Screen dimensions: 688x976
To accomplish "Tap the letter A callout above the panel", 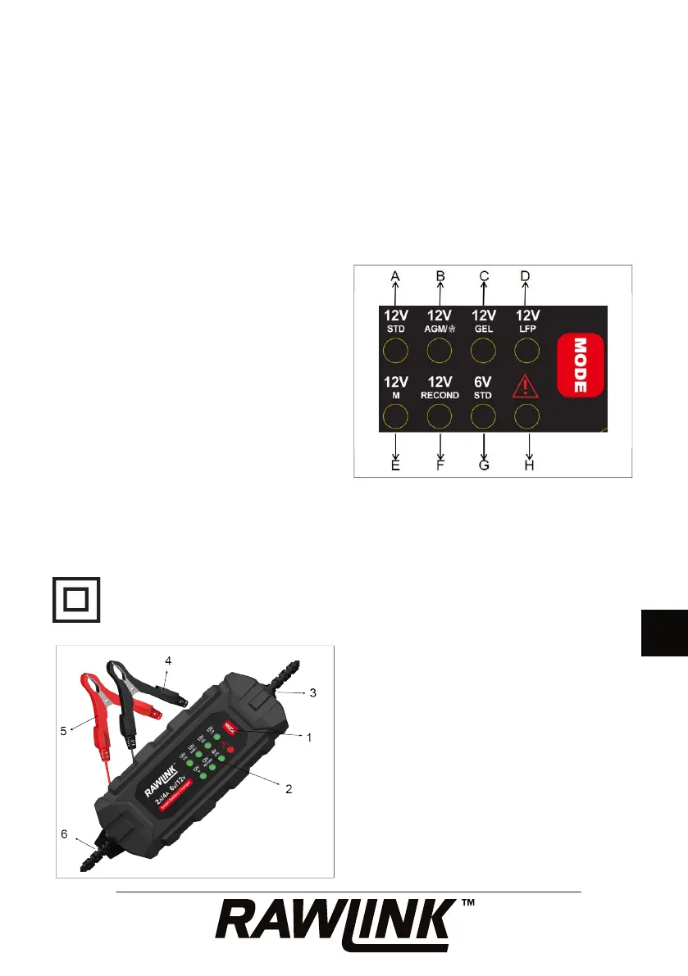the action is [395, 276].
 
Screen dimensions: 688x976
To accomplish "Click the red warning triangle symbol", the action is [526, 385].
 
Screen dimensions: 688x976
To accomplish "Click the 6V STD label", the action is [483, 387].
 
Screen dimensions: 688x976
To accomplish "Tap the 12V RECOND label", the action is [440, 387].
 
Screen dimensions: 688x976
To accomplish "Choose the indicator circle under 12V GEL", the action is [483, 352].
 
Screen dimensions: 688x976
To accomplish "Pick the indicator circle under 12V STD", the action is [395, 352].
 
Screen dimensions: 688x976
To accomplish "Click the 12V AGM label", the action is [440, 319].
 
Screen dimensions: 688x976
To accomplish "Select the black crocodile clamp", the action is [135, 679].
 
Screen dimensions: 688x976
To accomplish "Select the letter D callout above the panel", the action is [526, 276].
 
